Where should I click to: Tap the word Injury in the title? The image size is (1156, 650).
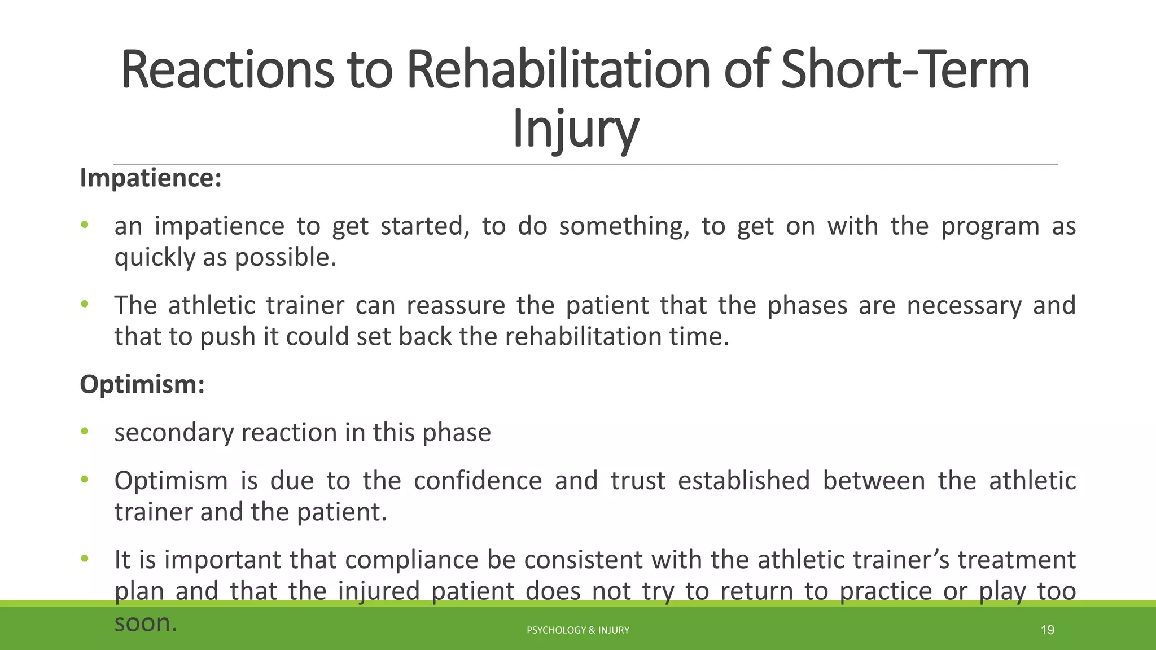575,129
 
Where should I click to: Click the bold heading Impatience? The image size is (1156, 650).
151,178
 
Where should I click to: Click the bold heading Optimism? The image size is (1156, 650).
142,384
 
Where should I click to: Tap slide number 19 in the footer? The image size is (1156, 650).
1047,630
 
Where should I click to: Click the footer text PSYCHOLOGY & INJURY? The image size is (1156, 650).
577,630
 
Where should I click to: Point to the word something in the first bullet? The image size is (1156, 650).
624,226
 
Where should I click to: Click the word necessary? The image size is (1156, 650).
964,305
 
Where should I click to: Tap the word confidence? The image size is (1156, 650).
478,481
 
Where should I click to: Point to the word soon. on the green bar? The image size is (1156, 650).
146,623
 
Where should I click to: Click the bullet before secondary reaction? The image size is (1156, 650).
85,432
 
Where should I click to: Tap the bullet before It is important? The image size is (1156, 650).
85,559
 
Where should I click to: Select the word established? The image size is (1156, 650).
743,481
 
